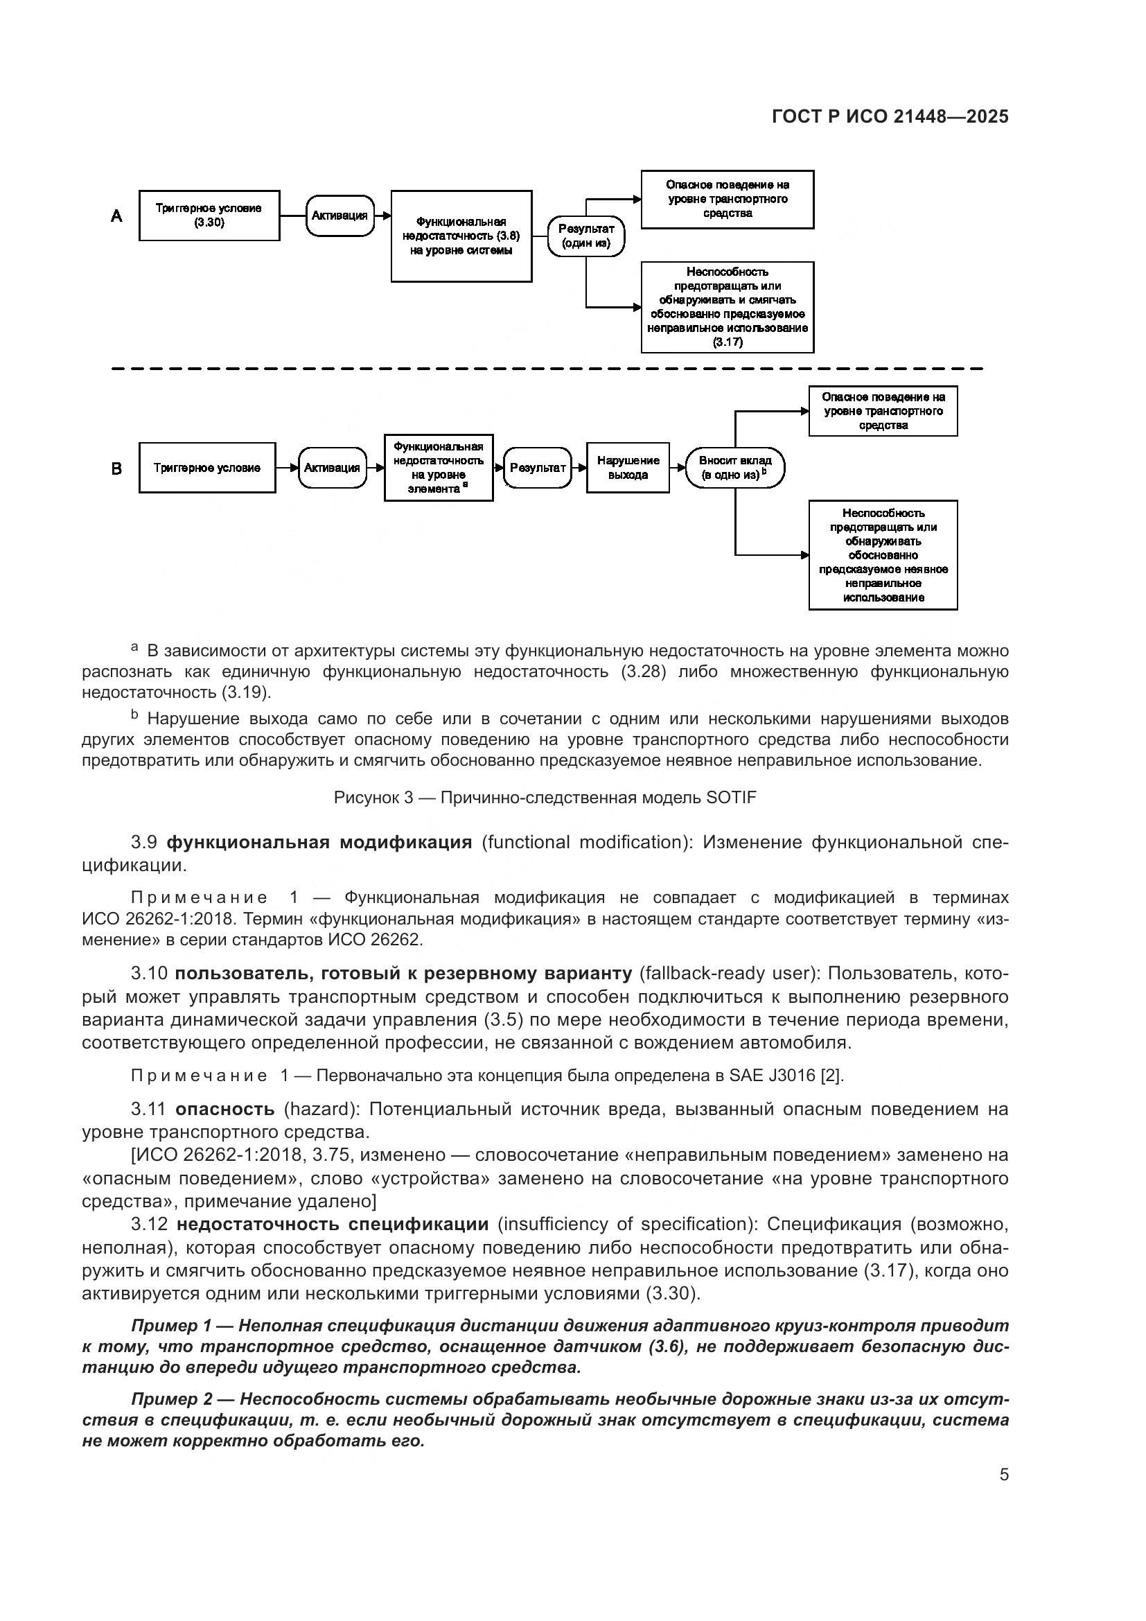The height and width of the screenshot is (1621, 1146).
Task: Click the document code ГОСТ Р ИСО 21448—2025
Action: (890, 116)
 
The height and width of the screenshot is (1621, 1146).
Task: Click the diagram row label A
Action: (116, 216)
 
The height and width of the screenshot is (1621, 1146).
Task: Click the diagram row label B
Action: (116, 468)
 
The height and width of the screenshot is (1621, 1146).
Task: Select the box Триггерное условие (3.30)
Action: (209, 216)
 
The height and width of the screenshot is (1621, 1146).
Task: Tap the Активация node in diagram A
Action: (340, 216)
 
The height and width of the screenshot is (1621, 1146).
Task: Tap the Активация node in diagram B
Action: (333, 467)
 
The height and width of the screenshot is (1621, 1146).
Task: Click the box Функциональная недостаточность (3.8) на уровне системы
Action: (461, 236)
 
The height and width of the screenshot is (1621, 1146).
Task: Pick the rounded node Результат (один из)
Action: (585, 236)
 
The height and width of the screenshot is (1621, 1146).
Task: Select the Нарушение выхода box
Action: (627, 467)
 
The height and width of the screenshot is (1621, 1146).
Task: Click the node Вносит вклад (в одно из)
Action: (734, 467)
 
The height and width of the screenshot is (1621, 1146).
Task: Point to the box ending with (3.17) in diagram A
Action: (727, 307)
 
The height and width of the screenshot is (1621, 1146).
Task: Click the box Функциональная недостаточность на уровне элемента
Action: (438, 467)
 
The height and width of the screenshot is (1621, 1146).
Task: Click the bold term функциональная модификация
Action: (319, 842)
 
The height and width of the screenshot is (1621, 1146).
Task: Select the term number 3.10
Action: (149, 974)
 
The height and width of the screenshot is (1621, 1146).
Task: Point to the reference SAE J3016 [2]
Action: (786, 1076)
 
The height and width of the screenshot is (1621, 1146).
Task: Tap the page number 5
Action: (1003, 1475)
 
